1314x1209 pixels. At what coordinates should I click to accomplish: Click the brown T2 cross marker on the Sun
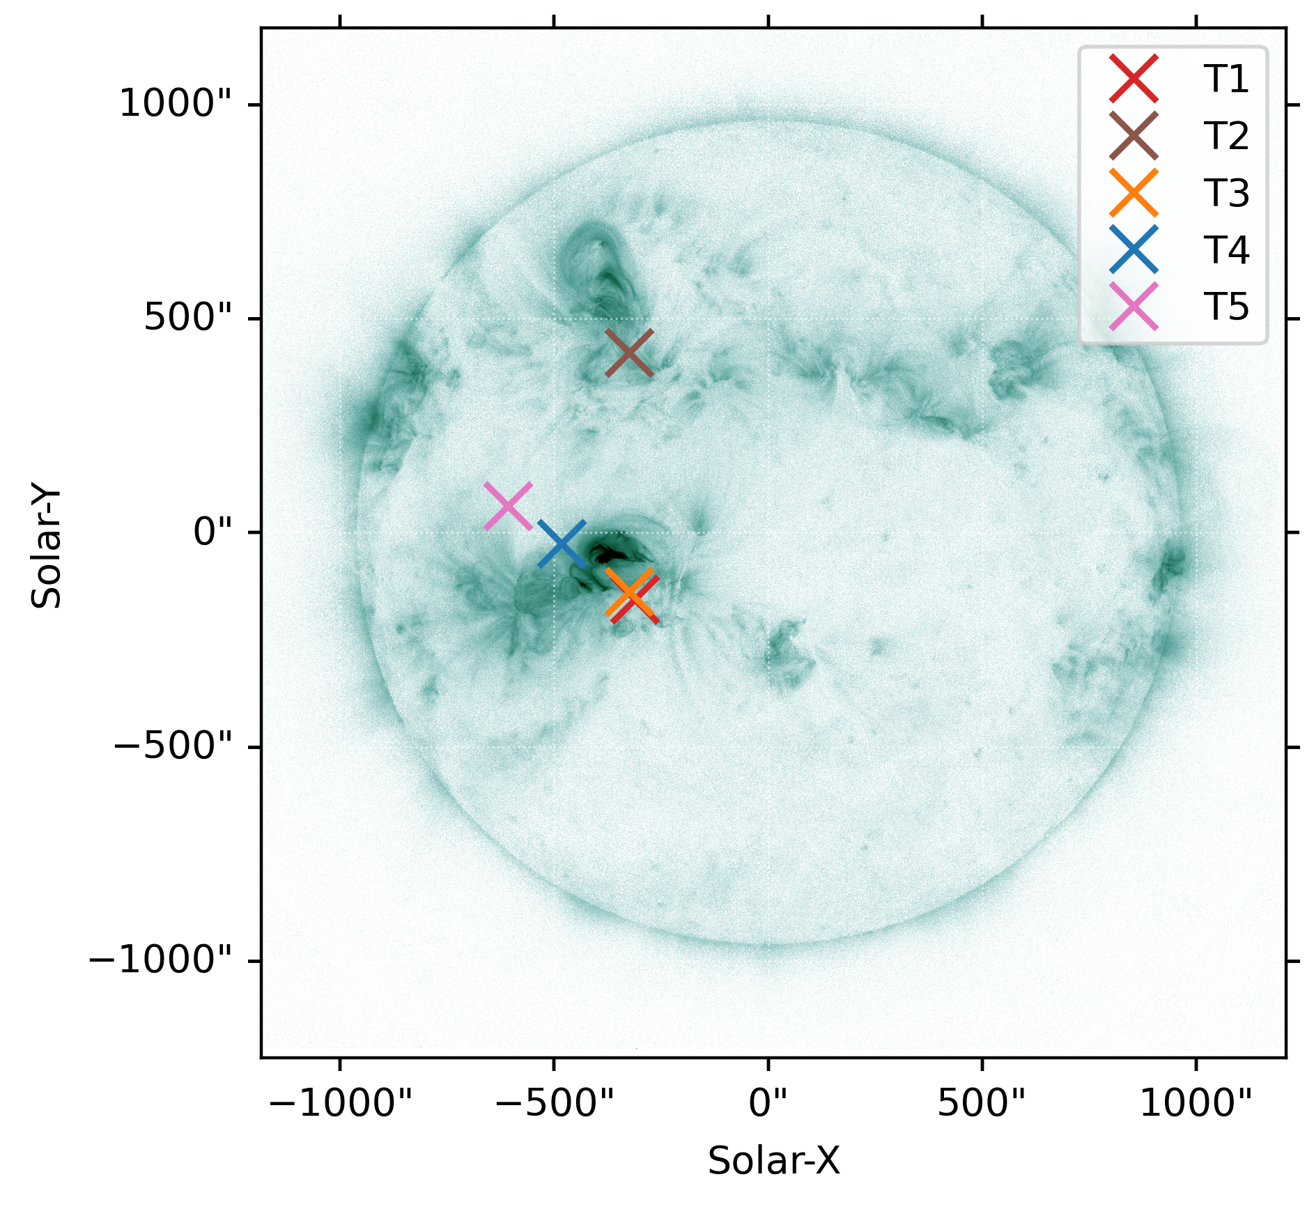[x=629, y=353]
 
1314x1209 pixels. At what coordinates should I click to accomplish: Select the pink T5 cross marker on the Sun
[x=508, y=505]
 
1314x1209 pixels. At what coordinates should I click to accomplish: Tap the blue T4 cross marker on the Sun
[x=562, y=544]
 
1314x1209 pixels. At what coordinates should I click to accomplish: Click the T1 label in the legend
[x=1226, y=78]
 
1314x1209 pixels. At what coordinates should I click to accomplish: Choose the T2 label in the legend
[x=1226, y=135]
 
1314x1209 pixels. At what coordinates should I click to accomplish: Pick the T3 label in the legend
[x=1226, y=192]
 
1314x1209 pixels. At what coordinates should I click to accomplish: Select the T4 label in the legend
[x=1226, y=249]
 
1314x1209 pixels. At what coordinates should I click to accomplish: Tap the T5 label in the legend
[x=1226, y=307]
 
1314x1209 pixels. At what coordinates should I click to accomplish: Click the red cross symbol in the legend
[x=1134, y=78]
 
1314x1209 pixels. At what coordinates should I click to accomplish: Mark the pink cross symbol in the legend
[x=1134, y=307]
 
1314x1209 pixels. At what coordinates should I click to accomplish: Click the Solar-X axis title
[x=773, y=1161]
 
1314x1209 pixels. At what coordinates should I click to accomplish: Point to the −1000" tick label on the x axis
[x=341, y=1104]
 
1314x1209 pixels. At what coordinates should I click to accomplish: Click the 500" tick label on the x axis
[x=982, y=1104]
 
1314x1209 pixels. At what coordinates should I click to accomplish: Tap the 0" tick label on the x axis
[x=768, y=1104]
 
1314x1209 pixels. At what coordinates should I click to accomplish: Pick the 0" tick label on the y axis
[x=212, y=532]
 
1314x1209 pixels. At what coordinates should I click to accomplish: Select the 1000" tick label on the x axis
[x=1196, y=1104]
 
